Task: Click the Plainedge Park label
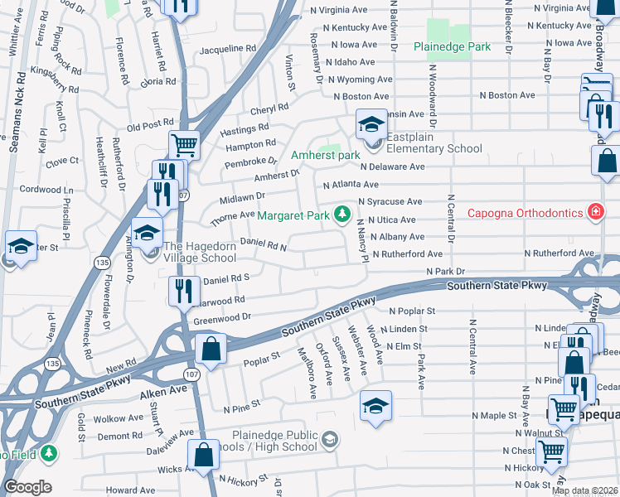click(x=453, y=47)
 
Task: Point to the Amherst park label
click(x=325, y=155)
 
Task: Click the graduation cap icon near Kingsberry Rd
click(x=21, y=246)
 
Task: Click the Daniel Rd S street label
click(x=226, y=280)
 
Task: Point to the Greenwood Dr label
click(x=222, y=317)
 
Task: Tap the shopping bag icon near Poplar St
click(x=211, y=350)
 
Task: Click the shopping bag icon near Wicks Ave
click(x=203, y=455)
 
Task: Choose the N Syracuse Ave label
click(x=390, y=201)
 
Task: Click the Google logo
click(x=27, y=487)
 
